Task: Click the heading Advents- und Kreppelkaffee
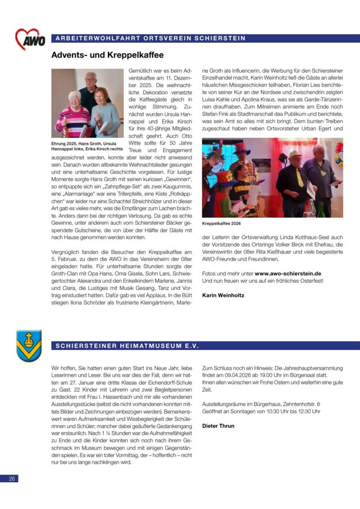[x=107, y=55]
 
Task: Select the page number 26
[x=12, y=478]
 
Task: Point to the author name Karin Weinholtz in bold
[x=223, y=295]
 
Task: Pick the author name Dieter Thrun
[x=218, y=426]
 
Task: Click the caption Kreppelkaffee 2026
[x=222, y=224]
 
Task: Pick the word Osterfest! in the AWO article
[x=310, y=281]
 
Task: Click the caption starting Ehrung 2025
[x=88, y=146]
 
